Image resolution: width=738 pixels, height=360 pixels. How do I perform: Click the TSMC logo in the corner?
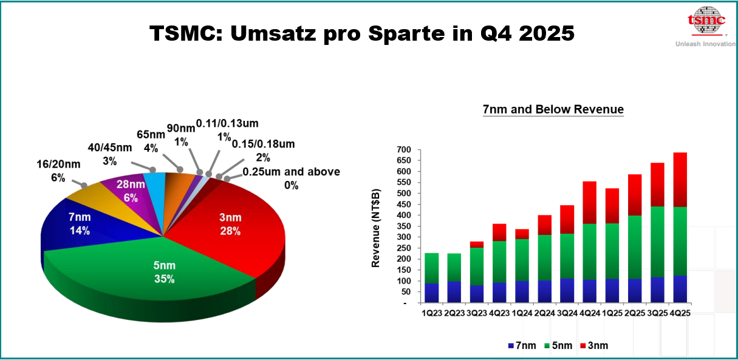(x=706, y=21)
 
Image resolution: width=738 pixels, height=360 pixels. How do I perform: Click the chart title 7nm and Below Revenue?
(x=553, y=110)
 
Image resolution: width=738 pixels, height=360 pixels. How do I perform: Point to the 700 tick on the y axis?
(x=404, y=150)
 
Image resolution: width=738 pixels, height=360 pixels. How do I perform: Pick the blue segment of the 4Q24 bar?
(x=589, y=291)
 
